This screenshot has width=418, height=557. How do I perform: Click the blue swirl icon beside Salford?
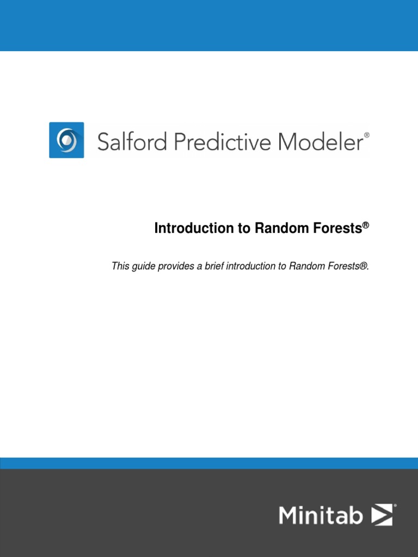point(66,140)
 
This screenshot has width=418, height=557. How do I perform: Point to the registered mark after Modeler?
point(366,134)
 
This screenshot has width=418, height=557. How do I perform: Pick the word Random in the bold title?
point(276,228)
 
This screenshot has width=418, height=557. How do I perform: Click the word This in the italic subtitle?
point(120,266)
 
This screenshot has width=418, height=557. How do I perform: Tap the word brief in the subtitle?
point(213,266)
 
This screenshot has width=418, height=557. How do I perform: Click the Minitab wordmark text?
point(321,515)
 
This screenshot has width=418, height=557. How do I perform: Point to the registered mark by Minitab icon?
point(395,506)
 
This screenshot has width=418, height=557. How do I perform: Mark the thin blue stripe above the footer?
point(209,463)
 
